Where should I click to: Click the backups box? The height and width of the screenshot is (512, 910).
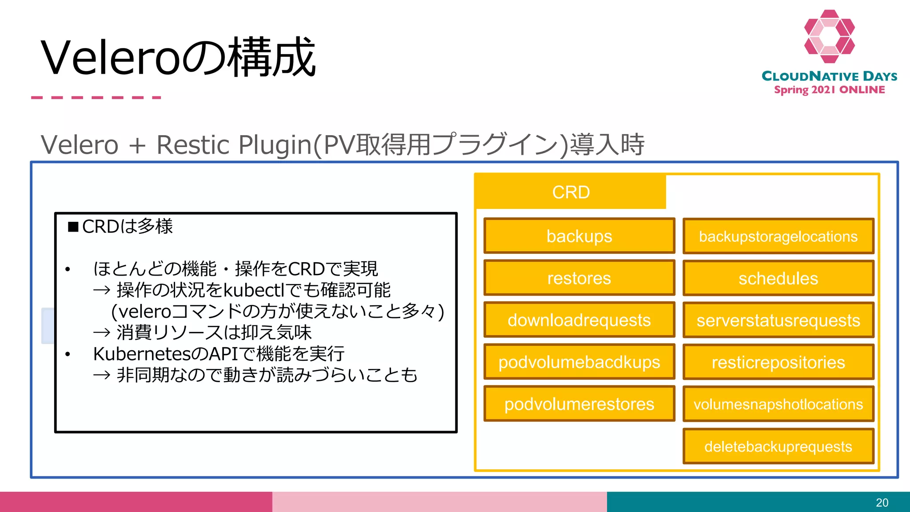579,236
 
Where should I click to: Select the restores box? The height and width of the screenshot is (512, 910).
579,278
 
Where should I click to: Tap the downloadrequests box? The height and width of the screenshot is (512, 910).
579,320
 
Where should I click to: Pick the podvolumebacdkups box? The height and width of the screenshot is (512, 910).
579,362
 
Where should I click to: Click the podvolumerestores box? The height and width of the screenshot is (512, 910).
579,404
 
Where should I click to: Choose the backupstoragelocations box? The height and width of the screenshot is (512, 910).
778,236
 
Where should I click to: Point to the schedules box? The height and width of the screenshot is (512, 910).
778,278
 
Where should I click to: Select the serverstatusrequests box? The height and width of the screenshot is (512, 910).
778,320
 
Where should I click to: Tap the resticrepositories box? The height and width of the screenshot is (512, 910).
778,362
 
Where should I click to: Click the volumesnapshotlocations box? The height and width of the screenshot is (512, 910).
778,404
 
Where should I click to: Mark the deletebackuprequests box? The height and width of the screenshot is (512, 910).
778,446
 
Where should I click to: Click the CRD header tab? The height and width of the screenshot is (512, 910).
571,192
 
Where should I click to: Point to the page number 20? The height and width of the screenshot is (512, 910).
882,503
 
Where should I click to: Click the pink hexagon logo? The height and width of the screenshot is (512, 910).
829,36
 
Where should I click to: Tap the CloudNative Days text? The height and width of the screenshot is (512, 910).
829,76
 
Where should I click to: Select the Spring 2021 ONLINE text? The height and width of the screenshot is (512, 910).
829,90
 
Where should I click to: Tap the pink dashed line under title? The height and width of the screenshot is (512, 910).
96,97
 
